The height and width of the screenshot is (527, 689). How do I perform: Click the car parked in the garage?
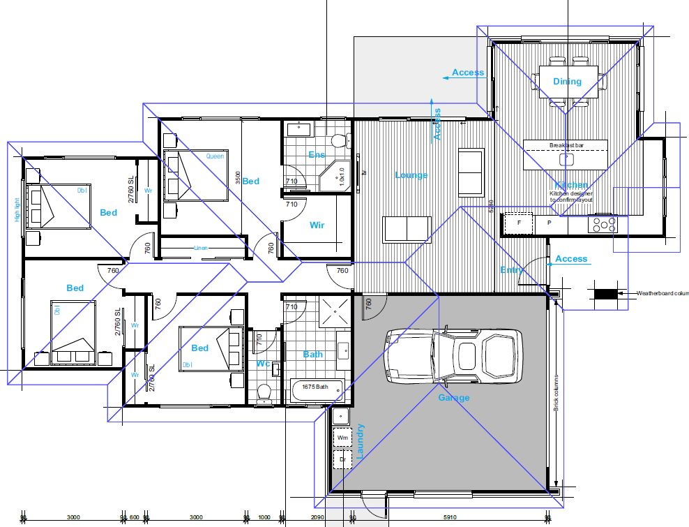click(453, 356)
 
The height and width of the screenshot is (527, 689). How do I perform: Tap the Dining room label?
click(567, 82)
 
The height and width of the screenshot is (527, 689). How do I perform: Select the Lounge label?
click(411, 175)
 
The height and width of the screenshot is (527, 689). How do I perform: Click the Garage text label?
click(453, 398)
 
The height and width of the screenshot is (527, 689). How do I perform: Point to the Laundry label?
click(361, 440)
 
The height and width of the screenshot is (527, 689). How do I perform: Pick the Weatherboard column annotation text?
click(662, 294)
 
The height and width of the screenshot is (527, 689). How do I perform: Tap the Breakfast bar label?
click(565, 145)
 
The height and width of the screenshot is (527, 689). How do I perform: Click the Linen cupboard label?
click(202, 248)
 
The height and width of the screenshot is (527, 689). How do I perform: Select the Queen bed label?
click(215, 156)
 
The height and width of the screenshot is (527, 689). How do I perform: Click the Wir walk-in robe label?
click(317, 225)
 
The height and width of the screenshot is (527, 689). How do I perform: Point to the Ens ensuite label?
click(316, 154)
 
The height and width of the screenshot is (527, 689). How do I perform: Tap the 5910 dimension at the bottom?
click(450, 518)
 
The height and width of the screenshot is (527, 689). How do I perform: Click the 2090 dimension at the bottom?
click(317, 518)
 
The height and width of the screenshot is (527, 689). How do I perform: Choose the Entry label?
click(511, 270)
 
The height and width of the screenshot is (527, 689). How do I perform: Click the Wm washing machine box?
click(342, 438)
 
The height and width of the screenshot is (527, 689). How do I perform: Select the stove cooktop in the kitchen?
click(603, 224)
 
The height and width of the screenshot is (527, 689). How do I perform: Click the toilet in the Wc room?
click(264, 394)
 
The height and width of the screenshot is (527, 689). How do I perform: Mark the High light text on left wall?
click(17, 208)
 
